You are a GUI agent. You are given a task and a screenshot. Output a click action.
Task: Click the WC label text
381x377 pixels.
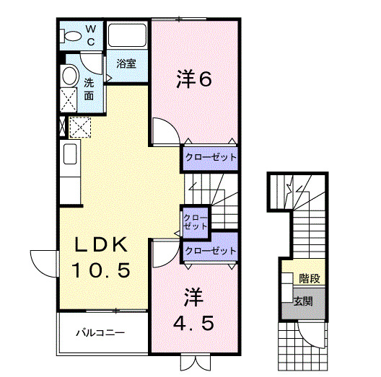point(91,35)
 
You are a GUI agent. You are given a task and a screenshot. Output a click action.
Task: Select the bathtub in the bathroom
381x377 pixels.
point(127,37)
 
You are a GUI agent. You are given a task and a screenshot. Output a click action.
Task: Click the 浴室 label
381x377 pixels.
point(126,63)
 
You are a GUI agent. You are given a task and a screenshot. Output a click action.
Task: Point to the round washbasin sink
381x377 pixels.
point(70,76)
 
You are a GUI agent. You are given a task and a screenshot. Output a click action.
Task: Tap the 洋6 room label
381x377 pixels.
point(194,79)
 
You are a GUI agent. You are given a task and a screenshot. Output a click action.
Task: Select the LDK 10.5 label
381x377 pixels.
point(101,258)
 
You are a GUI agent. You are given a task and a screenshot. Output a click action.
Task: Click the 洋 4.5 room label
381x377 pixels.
point(193,310)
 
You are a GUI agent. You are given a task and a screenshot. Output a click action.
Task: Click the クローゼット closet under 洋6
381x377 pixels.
point(209,156)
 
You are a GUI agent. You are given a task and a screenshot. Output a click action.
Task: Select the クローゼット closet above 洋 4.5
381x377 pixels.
point(210,251)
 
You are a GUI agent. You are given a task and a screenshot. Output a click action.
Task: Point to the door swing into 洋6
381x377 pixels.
point(165,133)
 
